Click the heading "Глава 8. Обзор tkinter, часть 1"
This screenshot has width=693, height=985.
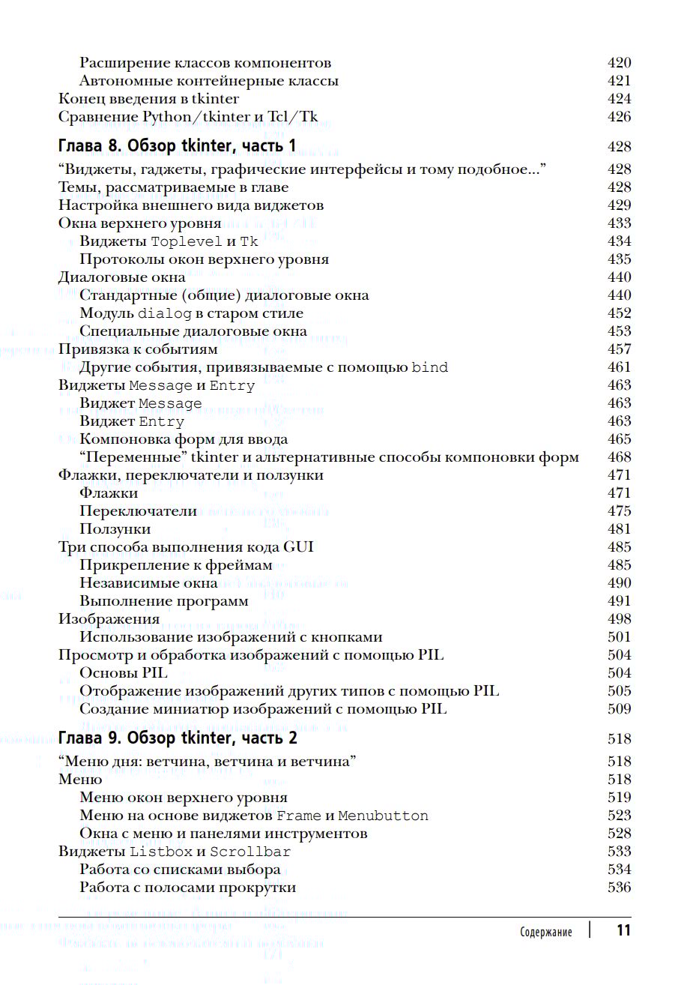pos(177,146)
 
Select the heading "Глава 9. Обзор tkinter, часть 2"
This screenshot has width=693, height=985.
pos(178,738)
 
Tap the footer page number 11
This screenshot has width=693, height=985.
pos(623,930)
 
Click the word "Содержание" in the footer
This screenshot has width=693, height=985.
pos(545,932)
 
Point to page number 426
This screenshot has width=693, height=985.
pos(619,117)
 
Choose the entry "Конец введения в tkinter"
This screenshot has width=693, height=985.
pos(148,99)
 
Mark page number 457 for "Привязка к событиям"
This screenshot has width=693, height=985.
pos(619,349)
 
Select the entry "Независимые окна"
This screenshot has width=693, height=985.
pos(148,583)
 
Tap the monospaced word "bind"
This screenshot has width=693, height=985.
pos(429,367)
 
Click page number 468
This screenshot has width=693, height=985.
pos(619,457)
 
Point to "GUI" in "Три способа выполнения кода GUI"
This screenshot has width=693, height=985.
pos(298,547)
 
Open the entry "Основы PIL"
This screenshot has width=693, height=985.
pos(124,673)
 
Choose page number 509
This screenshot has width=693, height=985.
pos(619,709)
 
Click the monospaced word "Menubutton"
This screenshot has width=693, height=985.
pos(383,816)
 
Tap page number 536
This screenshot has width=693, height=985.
pos(619,888)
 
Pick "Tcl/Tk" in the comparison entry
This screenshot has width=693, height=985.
pos(292,117)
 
